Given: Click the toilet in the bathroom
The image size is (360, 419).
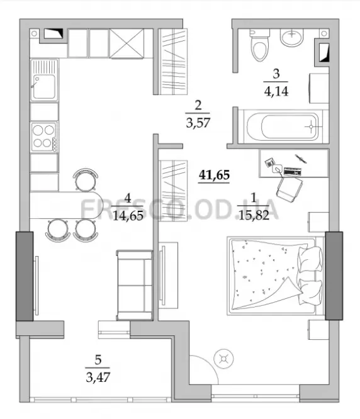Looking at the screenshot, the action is click(259, 45).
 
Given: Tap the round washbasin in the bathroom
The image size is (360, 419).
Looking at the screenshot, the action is click(291, 37).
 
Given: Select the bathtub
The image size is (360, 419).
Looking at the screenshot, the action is click(284, 126).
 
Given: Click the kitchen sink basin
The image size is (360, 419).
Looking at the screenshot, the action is click(44, 86).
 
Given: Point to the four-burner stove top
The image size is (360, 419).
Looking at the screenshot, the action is click(44, 137).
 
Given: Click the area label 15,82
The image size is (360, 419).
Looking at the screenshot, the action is click(254, 215).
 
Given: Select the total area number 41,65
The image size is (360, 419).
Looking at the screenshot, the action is click(214, 175).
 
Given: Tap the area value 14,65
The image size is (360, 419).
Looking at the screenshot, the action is click(128, 216).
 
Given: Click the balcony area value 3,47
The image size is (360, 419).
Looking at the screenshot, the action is click(98, 377).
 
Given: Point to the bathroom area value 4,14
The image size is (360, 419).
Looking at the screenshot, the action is click(276, 91).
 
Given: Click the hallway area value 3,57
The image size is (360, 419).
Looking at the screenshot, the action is click(198, 123).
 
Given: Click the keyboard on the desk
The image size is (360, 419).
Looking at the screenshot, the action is click(293, 171).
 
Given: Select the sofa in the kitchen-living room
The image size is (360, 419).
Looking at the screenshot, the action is click(135, 285).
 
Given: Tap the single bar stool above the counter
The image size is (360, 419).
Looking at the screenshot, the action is click(86, 180).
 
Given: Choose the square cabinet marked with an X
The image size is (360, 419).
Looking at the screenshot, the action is click(127, 43).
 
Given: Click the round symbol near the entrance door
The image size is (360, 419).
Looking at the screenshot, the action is click(223, 359).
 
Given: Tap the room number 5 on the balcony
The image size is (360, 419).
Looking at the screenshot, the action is click(98, 360).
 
